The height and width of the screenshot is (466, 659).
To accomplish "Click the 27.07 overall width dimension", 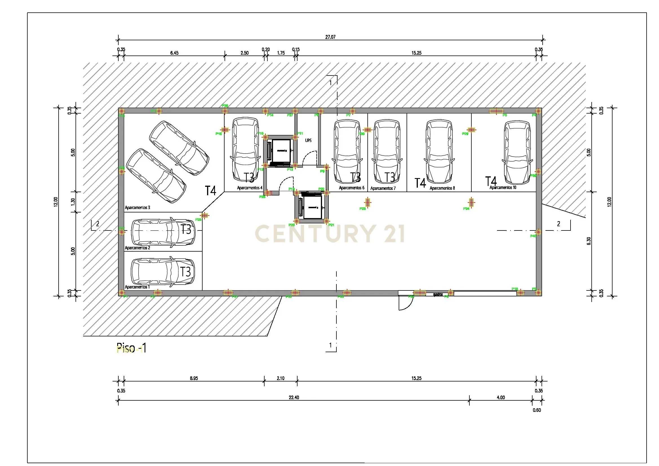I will (330, 37).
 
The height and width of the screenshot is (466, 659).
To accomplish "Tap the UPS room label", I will (308, 141).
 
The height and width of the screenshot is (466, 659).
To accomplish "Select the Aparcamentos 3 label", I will (137, 207).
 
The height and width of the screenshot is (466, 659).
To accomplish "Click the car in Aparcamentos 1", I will (163, 272).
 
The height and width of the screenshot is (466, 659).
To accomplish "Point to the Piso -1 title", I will (131, 348).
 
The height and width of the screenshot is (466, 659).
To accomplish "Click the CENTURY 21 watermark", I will (330, 233).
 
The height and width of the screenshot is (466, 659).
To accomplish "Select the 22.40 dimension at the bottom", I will (294, 398).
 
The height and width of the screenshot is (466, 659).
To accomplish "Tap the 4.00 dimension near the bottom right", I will (501, 398).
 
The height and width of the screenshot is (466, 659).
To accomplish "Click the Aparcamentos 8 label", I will (442, 188).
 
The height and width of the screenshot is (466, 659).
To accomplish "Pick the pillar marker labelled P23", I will (368, 203).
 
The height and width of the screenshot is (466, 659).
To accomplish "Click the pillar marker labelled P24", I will (471, 203).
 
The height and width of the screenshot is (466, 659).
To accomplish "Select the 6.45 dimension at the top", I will (174, 53).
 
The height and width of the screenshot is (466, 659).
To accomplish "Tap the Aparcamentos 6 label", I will (351, 188).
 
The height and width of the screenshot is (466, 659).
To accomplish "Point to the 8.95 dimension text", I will (194, 378).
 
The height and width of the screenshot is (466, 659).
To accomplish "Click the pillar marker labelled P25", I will (204, 216).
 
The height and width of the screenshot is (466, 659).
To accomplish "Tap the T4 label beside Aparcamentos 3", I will (210, 190).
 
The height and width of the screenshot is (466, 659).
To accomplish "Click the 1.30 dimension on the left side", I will (73, 202).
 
